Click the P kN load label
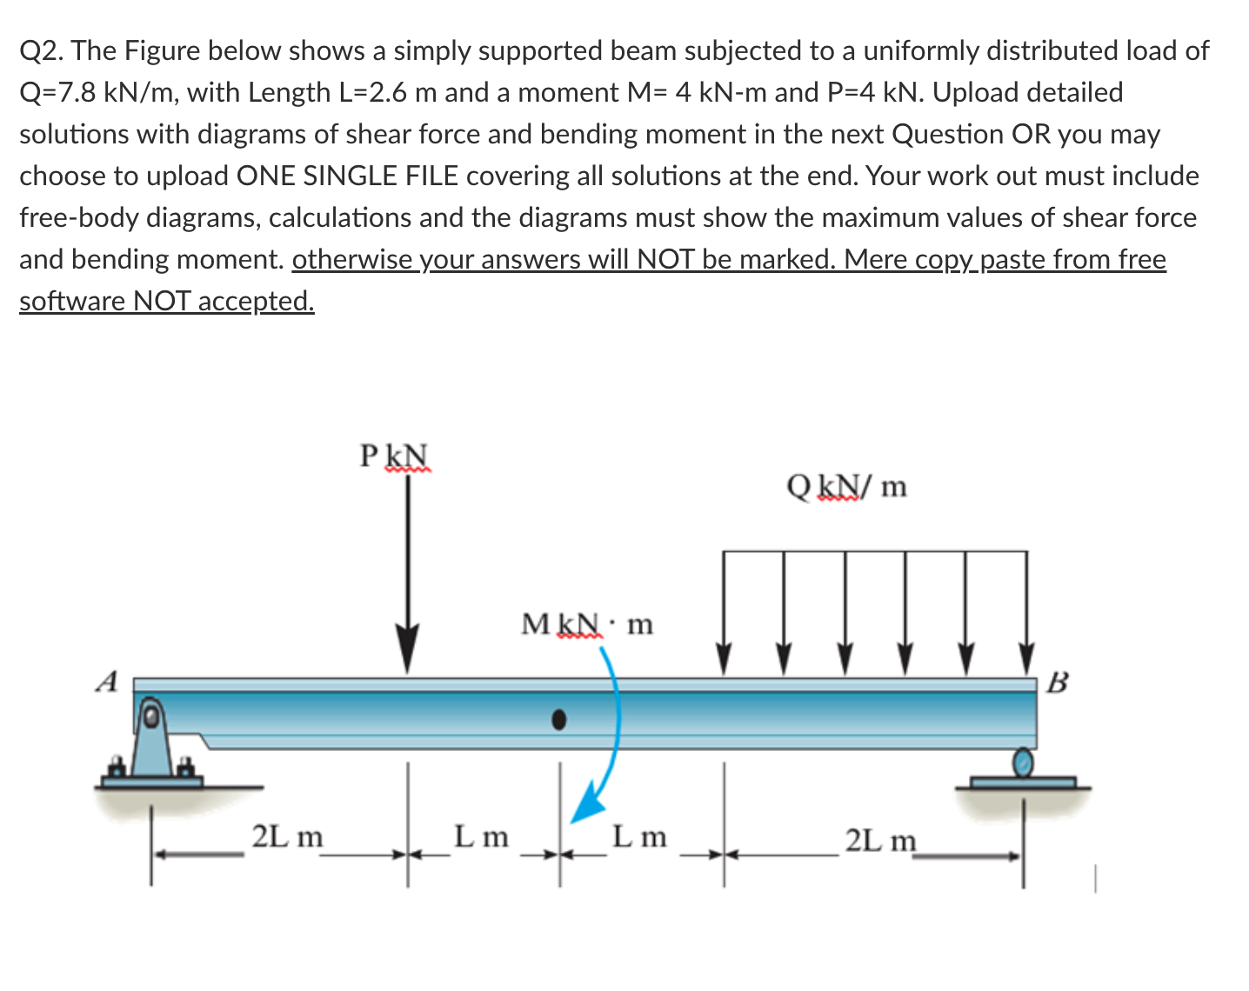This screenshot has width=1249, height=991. [394, 456]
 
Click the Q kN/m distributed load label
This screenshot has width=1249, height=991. [845, 487]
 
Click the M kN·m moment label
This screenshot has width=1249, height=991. [586, 623]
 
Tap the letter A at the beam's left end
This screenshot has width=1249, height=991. [106, 682]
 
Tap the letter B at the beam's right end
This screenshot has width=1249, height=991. [1056, 682]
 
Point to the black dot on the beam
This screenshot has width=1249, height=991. [559, 719]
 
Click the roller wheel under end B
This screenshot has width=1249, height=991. [1024, 762]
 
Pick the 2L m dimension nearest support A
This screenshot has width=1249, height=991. [287, 837]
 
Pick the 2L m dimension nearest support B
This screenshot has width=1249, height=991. [880, 841]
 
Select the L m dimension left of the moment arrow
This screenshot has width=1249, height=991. [481, 837]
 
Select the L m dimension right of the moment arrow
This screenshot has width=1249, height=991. [639, 837]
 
